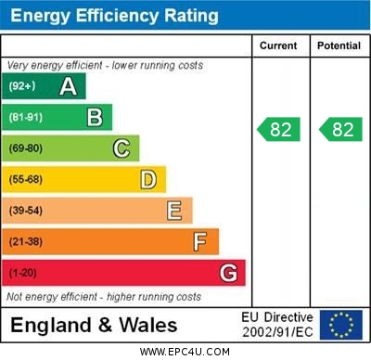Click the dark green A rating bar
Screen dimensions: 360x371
pos(45,86)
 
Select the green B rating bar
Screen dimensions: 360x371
pos(58,117)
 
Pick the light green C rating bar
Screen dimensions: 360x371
pos(71,148)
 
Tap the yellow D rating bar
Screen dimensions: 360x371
pos(85,179)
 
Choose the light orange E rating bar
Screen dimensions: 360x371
pos(98,211)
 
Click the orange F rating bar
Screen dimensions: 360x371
pos(111,241)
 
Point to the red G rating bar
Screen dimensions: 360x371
pos(124,273)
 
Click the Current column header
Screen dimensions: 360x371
pos(278,45)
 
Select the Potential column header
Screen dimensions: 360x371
pos(339,45)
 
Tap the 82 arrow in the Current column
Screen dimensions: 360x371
pos(279,129)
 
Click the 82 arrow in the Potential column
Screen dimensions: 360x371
pos(340,129)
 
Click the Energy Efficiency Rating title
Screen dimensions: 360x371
pos(114,16)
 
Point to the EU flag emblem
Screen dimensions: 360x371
pos(341,325)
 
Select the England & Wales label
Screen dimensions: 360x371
pos(94,325)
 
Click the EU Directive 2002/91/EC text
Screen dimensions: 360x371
pos(277,325)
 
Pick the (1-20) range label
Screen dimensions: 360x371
pos(24,273)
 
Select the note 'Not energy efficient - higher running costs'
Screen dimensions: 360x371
pos(104,297)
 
